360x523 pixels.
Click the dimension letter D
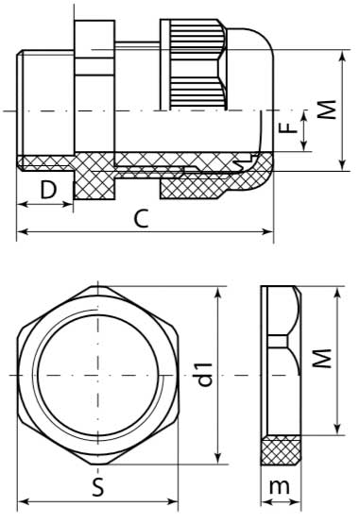tap(48, 190)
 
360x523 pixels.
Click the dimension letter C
tap(142, 218)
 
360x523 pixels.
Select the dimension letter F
tap(288, 127)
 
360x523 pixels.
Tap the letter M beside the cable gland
tap(326, 110)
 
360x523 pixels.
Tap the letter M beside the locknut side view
tap(322, 358)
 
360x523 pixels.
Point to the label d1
tap(205, 374)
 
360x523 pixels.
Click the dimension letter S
tap(98, 487)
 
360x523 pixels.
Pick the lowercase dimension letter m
tap(279, 486)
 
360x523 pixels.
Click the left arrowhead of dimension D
tap(22, 204)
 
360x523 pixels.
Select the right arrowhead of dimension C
tap(268, 231)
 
